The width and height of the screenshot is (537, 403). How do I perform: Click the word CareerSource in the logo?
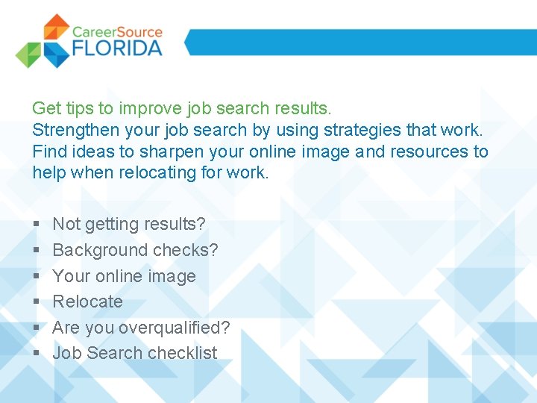[117, 32]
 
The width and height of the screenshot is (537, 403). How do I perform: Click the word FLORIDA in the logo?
[117, 49]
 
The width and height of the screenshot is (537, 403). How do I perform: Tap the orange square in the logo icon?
[57, 28]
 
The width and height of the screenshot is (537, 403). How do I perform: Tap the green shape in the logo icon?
[28, 54]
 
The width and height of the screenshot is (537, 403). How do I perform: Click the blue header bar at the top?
[358, 42]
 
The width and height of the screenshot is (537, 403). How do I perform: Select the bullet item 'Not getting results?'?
[129, 224]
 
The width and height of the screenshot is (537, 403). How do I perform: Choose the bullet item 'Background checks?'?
[135, 250]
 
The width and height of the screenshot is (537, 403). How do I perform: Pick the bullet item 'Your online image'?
[124, 276]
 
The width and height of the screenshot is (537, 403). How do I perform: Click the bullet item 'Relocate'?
[87, 302]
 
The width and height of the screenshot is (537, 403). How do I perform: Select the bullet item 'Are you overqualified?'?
[141, 328]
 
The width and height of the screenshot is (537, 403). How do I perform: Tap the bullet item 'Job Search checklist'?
[135, 353]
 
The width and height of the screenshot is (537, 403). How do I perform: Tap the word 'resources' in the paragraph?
[429, 151]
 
